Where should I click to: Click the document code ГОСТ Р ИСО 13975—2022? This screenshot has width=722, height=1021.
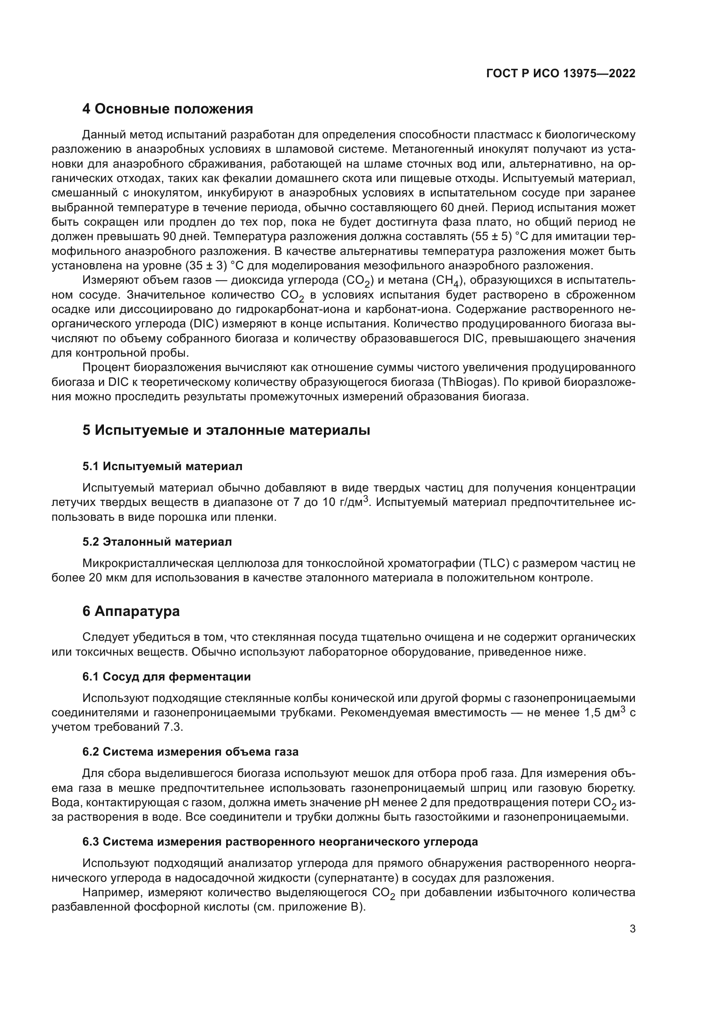(x=560, y=73)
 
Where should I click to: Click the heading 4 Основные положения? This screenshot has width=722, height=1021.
(x=168, y=109)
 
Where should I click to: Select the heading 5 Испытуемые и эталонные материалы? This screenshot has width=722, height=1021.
(x=226, y=430)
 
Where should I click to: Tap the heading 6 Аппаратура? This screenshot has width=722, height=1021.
(x=131, y=612)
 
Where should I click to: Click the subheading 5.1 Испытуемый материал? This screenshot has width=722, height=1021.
(x=162, y=467)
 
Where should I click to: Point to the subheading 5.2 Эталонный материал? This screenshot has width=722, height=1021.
(x=157, y=542)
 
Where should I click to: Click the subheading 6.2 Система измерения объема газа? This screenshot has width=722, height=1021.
(x=190, y=752)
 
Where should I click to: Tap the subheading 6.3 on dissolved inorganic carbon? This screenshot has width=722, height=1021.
(x=280, y=842)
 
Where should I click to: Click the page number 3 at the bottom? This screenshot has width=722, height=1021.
(x=633, y=929)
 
